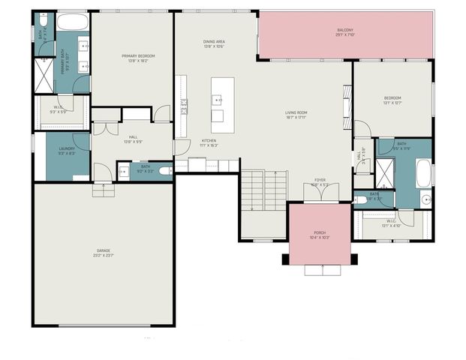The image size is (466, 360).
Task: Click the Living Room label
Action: point(296,113)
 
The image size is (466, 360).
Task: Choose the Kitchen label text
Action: point(209,141)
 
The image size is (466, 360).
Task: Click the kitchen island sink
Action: point(217,98)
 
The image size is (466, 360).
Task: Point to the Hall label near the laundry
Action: point(133,137)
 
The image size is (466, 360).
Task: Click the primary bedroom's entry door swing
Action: point(161,114)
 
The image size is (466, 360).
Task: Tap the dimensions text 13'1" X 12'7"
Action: point(392,103)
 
